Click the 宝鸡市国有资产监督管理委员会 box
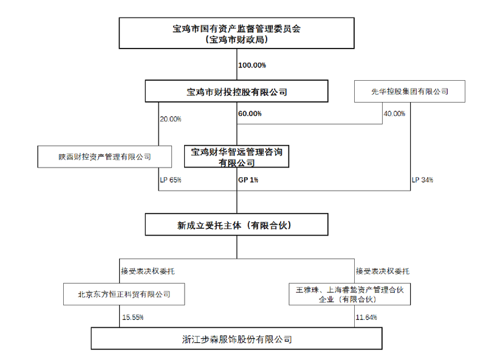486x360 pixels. (x=236, y=33)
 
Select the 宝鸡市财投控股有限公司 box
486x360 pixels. (x=236, y=91)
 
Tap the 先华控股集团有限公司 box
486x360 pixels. (x=409, y=92)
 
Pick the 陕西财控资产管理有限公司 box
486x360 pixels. (x=104, y=157)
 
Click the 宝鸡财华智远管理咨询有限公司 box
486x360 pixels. (x=236, y=157)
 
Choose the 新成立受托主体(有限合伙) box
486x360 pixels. (x=236, y=225)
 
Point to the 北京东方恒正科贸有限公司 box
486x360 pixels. (x=124, y=294)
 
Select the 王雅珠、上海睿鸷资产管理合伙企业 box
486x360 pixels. (x=350, y=294)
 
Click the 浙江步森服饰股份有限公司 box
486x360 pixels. (x=236, y=339)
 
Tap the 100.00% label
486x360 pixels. (x=252, y=65)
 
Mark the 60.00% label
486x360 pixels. (x=250, y=114)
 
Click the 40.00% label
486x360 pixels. (x=394, y=114)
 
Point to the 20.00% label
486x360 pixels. (x=171, y=119)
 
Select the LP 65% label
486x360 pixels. (x=171, y=180)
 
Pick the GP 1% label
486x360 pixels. (x=248, y=180)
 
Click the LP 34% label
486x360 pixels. (x=422, y=180)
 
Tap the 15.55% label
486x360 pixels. (x=132, y=318)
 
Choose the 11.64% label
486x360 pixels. (x=366, y=318)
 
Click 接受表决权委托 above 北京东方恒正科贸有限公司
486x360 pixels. (x=148, y=271)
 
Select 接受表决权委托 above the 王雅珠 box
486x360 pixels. (x=383, y=271)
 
